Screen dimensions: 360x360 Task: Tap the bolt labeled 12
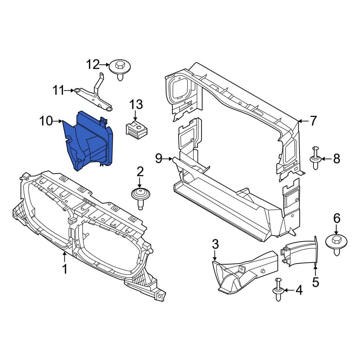coord(120,70)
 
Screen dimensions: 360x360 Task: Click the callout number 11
coord(58,90)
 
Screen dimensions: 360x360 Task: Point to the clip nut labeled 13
coord(136,130)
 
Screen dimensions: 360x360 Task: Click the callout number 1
coord(65,269)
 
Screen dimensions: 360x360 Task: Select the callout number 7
coord(314,121)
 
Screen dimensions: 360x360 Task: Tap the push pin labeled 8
coord(316,158)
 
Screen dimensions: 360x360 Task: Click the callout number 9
coord(159,158)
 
